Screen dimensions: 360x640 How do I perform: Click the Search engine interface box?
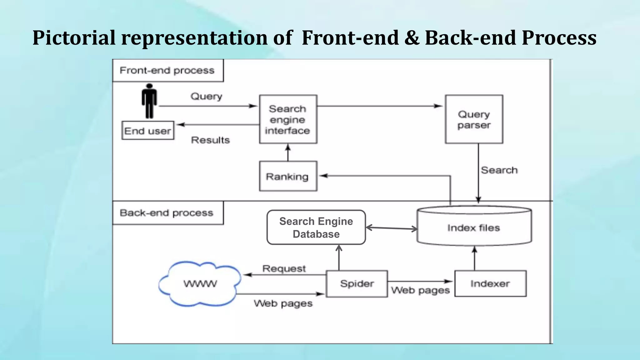point(288,119)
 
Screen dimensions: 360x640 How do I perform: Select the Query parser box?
point(474,119)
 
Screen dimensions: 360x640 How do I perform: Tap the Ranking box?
point(288,176)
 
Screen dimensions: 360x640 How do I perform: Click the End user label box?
point(147,131)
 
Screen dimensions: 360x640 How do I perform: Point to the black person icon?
point(149,101)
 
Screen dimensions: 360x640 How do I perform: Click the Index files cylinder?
point(474,227)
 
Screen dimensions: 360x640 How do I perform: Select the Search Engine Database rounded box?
point(316,227)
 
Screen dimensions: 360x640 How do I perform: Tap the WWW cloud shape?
point(200,284)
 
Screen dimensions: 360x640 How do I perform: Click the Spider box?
point(357,284)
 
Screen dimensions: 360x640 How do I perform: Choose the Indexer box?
point(490,284)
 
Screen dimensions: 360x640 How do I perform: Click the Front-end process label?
point(167,70)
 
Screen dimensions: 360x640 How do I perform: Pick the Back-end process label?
point(167,213)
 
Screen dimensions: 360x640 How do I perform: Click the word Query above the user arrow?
point(206,96)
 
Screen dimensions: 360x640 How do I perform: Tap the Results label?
point(210,140)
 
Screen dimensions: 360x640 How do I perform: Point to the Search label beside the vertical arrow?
point(499,170)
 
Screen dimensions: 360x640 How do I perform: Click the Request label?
point(284,268)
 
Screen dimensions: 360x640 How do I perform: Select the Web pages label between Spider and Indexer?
point(420,290)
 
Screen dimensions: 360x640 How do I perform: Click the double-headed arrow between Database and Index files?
point(392,228)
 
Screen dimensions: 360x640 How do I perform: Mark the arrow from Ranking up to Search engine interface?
point(288,152)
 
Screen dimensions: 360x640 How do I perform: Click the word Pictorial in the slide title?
point(74,38)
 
